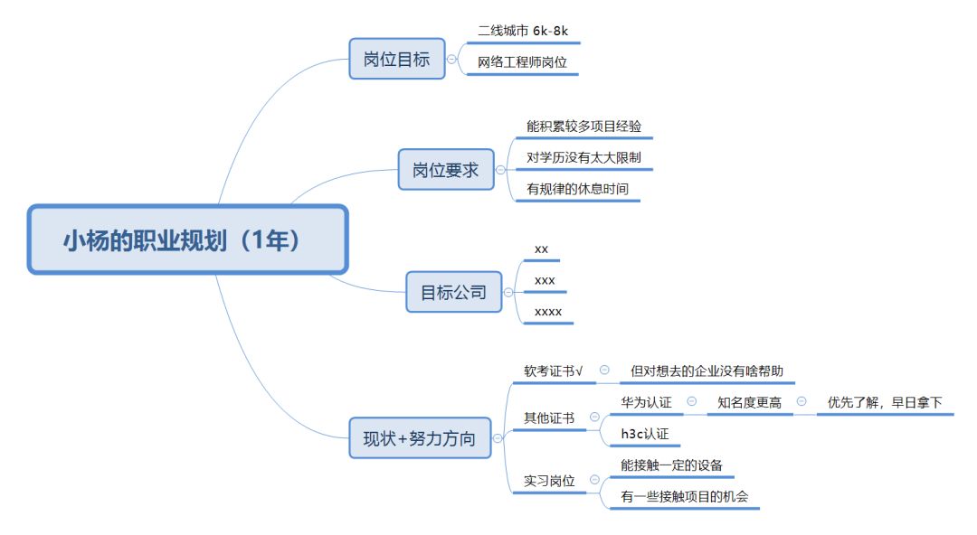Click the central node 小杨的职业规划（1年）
tap(187, 239)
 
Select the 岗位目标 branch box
tap(397, 60)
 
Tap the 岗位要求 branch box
tap(446, 169)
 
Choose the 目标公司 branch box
tap(453, 292)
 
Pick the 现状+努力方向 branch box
tap(419, 439)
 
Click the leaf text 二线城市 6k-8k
tap(523, 30)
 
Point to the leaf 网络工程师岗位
tap(522, 62)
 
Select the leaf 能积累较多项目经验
tap(583, 127)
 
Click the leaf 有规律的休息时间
tap(577, 189)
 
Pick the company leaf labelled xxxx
tap(548, 312)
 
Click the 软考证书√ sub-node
tap(554, 371)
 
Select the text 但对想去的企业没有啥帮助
tap(707, 371)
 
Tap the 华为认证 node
tap(646, 401)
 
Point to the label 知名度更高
tap(749, 402)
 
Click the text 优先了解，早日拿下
tap(885, 402)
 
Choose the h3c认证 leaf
tap(644, 434)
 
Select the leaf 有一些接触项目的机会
tap(684, 496)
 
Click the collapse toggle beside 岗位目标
tap(452, 60)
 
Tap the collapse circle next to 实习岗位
tap(594, 481)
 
